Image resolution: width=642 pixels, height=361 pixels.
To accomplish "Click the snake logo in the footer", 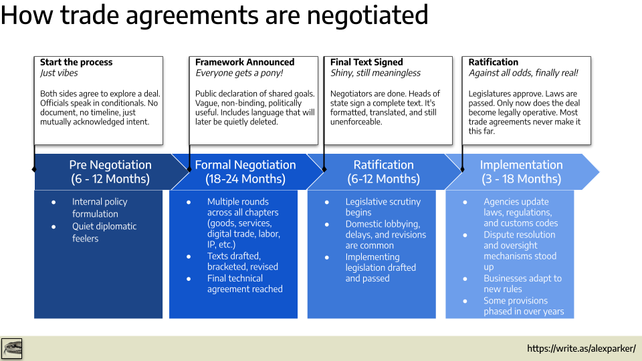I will [x=12, y=348].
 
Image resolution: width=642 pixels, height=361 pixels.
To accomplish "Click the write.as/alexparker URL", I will [x=581, y=348].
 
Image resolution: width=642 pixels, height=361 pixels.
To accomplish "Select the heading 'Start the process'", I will [x=76, y=62].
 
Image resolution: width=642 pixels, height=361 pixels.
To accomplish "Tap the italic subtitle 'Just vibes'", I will [x=59, y=73].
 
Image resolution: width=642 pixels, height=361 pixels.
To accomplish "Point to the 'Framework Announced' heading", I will [x=245, y=62].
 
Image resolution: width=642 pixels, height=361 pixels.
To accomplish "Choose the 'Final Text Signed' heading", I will [x=366, y=62].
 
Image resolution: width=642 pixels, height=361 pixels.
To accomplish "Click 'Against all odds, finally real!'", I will [x=523, y=73].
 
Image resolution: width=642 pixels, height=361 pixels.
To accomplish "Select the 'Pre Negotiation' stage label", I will [x=110, y=164].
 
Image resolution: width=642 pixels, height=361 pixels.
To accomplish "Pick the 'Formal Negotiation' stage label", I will [x=245, y=164].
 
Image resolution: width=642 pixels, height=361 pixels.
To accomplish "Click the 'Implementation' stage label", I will [x=521, y=164].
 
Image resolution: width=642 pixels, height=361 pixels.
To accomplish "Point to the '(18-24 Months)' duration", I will [x=245, y=179].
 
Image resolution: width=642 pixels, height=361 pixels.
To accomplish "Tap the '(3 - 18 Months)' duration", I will [x=521, y=179].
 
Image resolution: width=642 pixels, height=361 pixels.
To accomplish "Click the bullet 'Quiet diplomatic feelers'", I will [x=104, y=232].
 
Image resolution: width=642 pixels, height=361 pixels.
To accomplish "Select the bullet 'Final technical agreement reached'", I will [x=245, y=283].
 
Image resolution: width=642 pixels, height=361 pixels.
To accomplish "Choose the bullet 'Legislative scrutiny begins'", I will [x=383, y=207].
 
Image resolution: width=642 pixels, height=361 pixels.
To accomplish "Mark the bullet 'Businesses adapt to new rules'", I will [x=522, y=283].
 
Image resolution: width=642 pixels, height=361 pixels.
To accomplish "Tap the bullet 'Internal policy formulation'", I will [x=99, y=207].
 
